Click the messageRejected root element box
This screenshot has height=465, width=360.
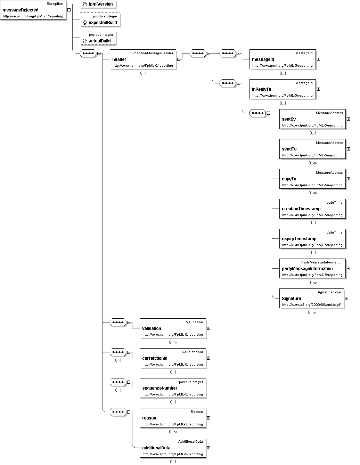click(33, 10)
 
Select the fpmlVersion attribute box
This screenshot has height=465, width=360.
click(98, 4)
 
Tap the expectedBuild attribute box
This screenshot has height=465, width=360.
click(100, 19)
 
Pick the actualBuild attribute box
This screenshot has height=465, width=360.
click(98, 38)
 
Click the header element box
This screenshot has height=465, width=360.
click(143, 59)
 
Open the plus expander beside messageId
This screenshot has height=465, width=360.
click(318, 59)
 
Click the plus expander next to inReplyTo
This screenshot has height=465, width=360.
click(318, 89)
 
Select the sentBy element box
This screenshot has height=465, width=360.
click(312, 119)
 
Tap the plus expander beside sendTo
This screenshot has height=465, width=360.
click(348, 149)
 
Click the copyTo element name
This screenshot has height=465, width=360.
click(289, 179)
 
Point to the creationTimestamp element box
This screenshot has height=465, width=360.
click(312, 209)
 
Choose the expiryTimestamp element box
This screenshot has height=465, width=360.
click(312, 239)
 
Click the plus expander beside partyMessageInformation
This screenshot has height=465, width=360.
click(348, 269)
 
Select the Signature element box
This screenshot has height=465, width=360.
click(312, 299)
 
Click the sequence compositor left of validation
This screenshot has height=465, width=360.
click(118, 322)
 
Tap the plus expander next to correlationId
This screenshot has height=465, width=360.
click(208, 358)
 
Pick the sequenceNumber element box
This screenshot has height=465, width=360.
click(173, 388)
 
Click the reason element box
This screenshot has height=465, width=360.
click(173, 418)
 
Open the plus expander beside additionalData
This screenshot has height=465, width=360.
click(208, 448)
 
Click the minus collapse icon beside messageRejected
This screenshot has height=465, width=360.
click(69, 10)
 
